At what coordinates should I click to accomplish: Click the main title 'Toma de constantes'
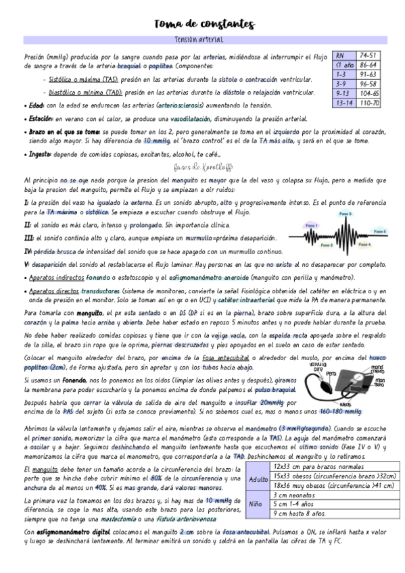(204, 25)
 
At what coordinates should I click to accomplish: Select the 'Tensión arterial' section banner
(203, 40)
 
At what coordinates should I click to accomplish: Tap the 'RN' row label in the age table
(340, 55)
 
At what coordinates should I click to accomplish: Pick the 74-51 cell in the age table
(369, 55)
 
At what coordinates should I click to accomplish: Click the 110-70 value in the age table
(369, 103)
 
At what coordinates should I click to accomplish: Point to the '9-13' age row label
(342, 93)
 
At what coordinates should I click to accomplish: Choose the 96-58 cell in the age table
(369, 84)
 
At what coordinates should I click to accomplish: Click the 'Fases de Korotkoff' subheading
(202, 167)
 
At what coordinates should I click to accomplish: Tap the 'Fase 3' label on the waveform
(346, 214)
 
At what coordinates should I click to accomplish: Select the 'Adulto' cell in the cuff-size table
(259, 479)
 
